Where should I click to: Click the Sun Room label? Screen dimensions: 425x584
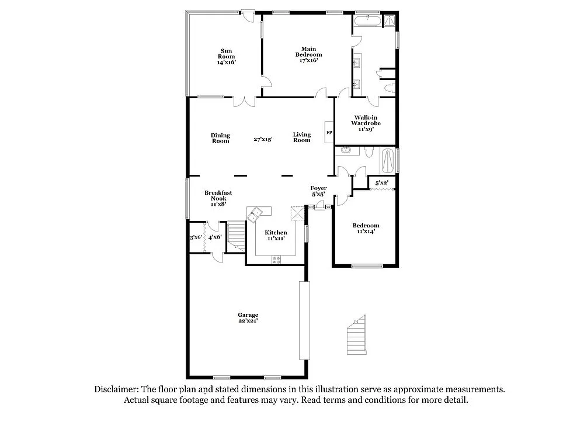(x=227, y=56)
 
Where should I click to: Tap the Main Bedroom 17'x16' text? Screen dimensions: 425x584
(x=308, y=54)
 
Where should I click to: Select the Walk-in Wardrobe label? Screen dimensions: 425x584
(x=366, y=123)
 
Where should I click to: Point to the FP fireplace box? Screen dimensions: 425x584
(x=329, y=132)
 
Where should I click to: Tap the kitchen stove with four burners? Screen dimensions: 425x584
(x=276, y=260)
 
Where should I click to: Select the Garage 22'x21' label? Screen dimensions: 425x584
(x=248, y=317)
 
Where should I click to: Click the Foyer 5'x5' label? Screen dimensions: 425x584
(x=318, y=191)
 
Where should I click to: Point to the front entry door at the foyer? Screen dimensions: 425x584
(x=319, y=207)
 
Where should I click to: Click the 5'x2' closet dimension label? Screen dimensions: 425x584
(x=381, y=184)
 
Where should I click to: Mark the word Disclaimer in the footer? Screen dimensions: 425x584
(x=115, y=389)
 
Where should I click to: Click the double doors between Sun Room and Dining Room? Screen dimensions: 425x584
(x=244, y=101)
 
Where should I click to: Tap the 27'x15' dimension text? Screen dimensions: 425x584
(x=263, y=139)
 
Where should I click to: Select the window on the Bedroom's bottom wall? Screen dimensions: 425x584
(x=366, y=267)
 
